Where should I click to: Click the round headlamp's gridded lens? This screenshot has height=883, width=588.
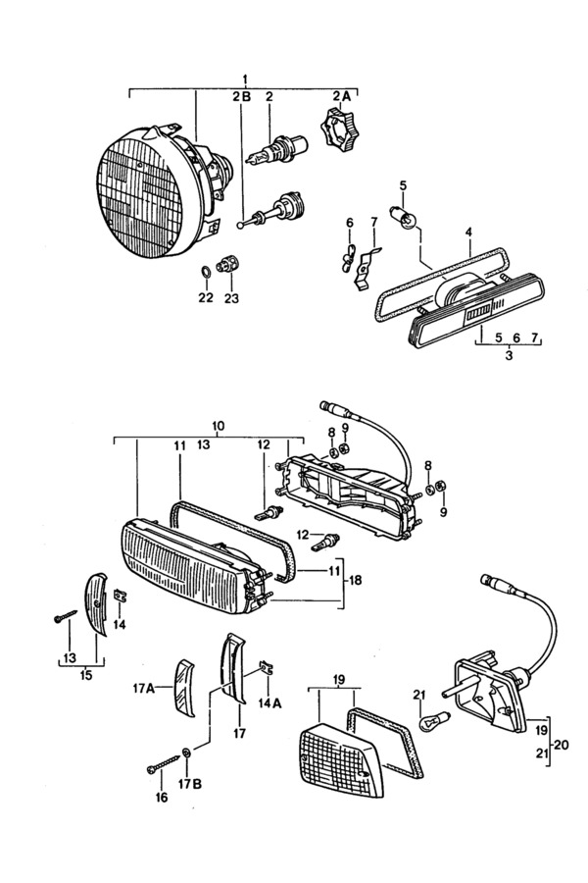139,196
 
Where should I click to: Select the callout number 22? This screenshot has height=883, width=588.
206,297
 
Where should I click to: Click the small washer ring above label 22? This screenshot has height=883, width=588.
206,272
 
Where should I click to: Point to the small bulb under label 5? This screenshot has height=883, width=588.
404,217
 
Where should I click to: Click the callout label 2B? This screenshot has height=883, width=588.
241,97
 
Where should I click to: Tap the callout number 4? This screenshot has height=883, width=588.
468,232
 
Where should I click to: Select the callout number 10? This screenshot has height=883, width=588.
219,426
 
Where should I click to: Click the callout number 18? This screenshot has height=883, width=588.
355,580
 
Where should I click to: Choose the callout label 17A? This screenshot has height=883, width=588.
143,687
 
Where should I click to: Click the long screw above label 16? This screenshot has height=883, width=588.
164,763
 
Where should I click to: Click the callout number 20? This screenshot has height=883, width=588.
561,745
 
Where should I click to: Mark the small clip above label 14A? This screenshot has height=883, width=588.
267,668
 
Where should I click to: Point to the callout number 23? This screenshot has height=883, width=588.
231,298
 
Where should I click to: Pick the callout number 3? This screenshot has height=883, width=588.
509,356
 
